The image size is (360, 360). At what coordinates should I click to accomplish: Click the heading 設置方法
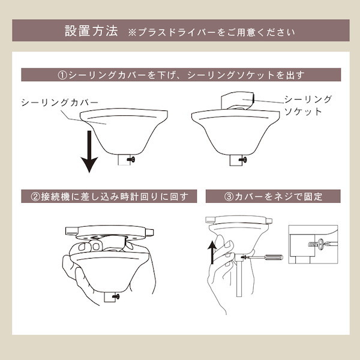tap(91, 31)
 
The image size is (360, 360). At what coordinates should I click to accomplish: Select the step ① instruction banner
tap(180, 76)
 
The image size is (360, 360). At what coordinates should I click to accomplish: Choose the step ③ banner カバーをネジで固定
tap(273, 196)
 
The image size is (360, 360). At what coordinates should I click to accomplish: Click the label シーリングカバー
tap(59, 103)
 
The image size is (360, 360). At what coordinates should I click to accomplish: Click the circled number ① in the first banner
tap(62, 76)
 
